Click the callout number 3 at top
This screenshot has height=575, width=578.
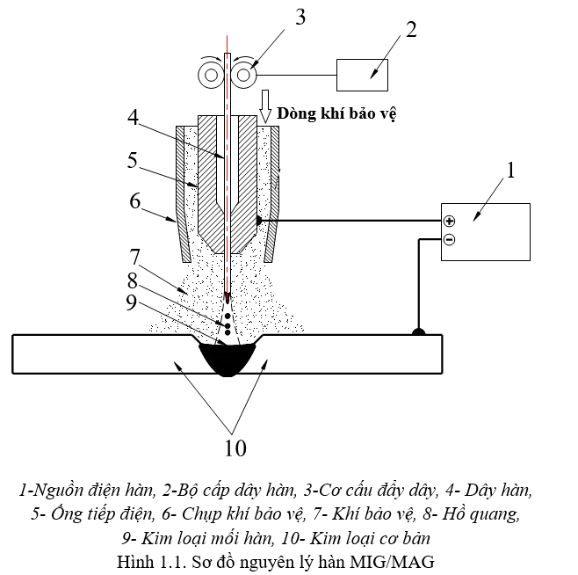click(301, 18)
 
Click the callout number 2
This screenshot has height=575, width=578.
click(410, 29)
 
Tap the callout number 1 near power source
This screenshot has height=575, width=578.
click(509, 171)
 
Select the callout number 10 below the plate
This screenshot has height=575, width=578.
click(235, 448)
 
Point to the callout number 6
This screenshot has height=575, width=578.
click(134, 201)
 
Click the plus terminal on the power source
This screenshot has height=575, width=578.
click(449, 222)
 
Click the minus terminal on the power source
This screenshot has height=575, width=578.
click(449, 239)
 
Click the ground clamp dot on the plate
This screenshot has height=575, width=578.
click(419, 332)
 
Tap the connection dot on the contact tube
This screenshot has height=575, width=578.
click(259, 220)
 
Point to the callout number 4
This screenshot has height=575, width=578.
click(133, 116)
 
